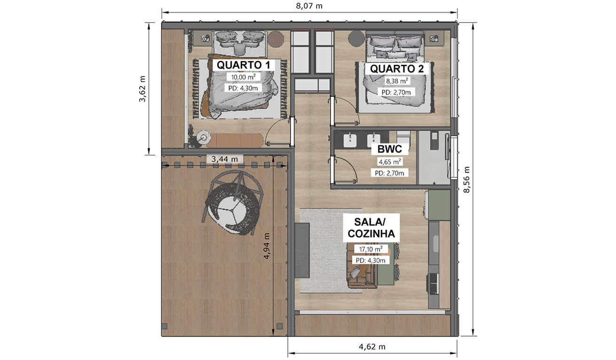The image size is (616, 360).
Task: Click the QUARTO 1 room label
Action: (x=244, y=65)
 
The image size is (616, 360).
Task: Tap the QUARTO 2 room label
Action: (x=396, y=69)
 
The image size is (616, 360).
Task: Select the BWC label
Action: (x=389, y=149)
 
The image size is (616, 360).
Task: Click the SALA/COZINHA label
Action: (x=371, y=228)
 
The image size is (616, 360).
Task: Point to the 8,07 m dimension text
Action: (x=309, y=6)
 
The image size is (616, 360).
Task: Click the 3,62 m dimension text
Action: (x=142, y=89)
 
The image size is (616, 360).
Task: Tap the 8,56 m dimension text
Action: (x=466, y=179)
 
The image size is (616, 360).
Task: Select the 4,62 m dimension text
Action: (x=372, y=346)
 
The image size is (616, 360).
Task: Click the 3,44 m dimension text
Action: (x=224, y=159)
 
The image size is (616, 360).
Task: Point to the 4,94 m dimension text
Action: (x=267, y=246)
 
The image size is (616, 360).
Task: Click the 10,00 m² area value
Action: (x=243, y=77)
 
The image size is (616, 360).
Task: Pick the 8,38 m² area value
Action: (x=396, y=81)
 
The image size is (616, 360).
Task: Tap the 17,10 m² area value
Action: (x=371, y=249)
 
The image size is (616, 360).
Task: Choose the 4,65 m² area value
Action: (x=389, y=161)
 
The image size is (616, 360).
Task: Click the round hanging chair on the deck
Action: (x=233, y=203)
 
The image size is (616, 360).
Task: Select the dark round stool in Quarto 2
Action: (x=356, y=38)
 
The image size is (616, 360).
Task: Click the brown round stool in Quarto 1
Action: (x=276, y=39)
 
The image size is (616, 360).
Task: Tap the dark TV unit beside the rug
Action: (x=302, y=250)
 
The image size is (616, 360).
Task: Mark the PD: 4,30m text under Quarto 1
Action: (x=243, y=88)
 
